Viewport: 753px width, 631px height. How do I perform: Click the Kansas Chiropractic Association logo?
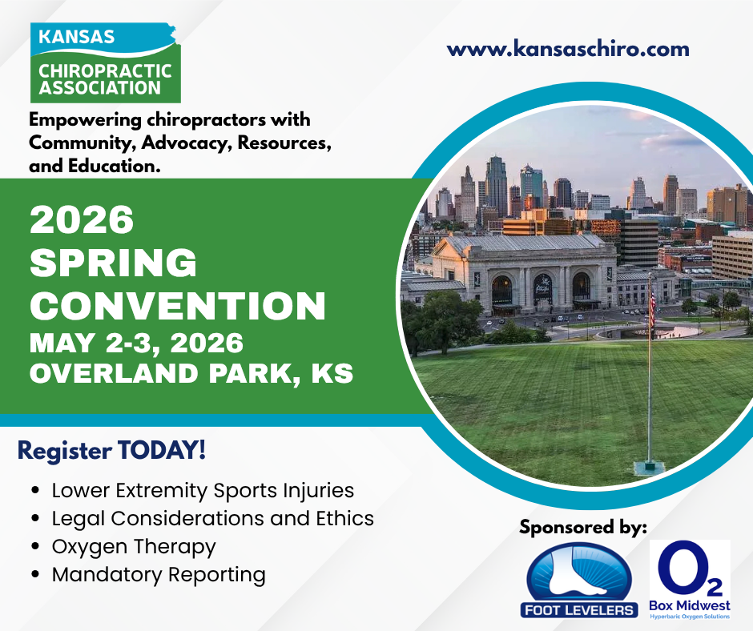point(104,62)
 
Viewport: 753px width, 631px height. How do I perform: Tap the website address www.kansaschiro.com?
point(568,49)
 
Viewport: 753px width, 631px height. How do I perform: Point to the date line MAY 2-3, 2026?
point(136,343)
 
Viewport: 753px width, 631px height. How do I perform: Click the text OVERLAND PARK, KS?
point(191,374)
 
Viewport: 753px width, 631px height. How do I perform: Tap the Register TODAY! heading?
point(111,450)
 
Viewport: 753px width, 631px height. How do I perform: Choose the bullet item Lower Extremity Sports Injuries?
point(203,490)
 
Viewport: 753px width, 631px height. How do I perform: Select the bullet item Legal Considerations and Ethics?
point(212,518)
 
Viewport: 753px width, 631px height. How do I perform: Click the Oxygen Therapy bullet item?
point(134,546)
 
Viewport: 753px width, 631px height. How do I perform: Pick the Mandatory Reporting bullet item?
point(159,574)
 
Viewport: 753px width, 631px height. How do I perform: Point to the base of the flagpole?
point(649,466)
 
